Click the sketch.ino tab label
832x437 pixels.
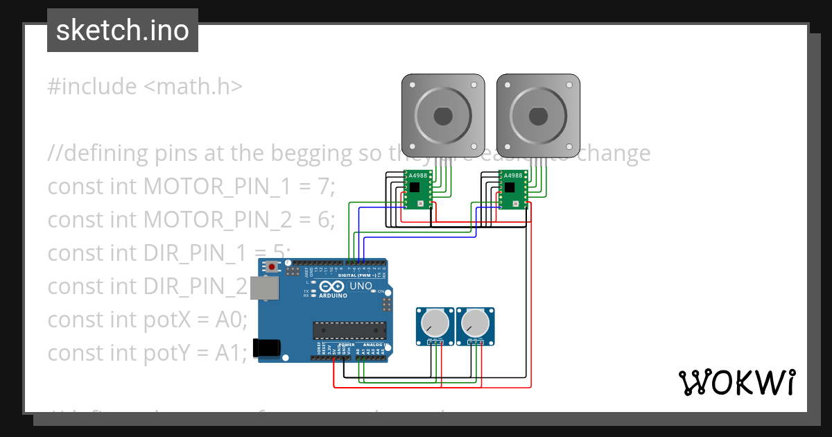pyautogui.click(x=123, y=31)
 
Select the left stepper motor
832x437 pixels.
pyautogui.click(x=443, y=114)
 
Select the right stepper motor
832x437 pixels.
pyautogui.click(x=538, y=114)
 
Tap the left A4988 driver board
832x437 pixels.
pyautogui.click(x=417, y=189)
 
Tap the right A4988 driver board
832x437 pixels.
pyautogui.click(x=513, y=189)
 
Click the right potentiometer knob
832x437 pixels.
pyautogui.click(x=475, y=321)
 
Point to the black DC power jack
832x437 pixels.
pyautogui.click(x=267, y=348)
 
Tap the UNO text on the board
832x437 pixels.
pyautogui.click(x=361, y=286)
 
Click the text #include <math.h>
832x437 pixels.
pyautogui.click(x=145, y=87)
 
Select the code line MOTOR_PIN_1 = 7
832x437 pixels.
pyautogui.click(x=191, y=187)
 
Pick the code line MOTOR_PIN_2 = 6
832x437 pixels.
pyautogui.click(x=191, y=220)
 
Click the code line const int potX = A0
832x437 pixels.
pyautogui.click(x=148, y=320)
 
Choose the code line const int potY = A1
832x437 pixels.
pyautogui.click(x=148, y=353)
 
